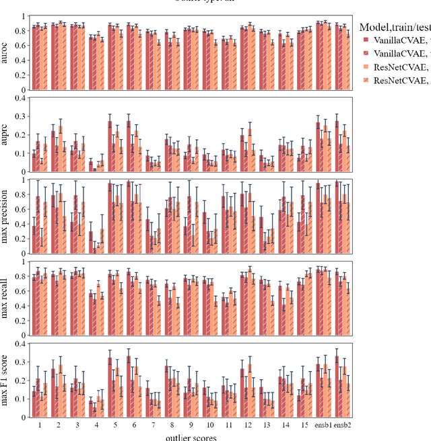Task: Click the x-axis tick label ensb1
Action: (x=323, y=425)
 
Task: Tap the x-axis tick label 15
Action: (x=304, y=425)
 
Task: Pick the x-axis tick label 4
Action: (x=96, y=425)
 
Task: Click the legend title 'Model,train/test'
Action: (x=395, y=27)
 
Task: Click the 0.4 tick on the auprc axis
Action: (x=19, y=98)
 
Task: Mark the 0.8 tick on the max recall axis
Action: (x=19, y=276)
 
